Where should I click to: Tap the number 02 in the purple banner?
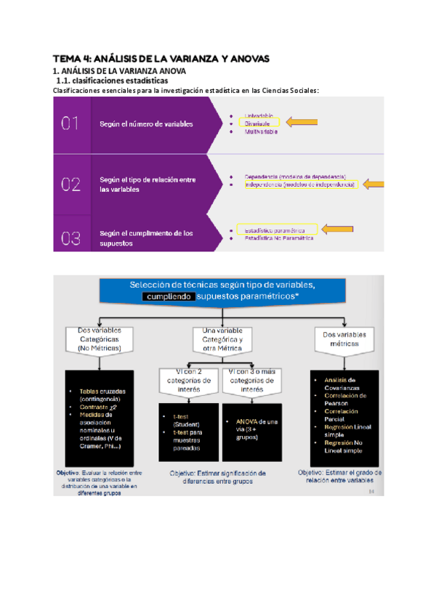[70, 185]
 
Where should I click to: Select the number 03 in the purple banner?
[70, 238]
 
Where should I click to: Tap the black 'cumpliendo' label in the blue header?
[169, 296]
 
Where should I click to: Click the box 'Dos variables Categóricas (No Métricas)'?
[100, 339]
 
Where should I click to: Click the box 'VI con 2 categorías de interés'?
[188, 379]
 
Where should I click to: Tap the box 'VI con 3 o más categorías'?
[251, 379]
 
